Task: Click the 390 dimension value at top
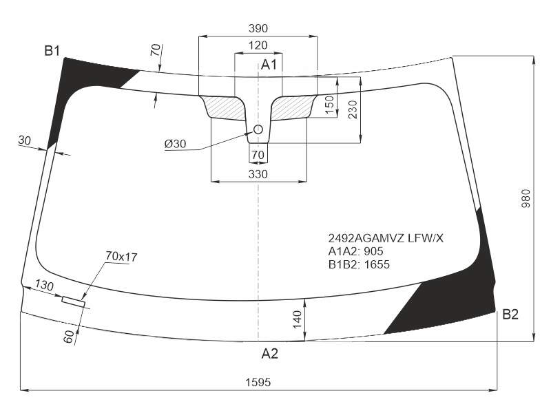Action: [x=258, y=28]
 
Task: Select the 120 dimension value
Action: [x=258, y=45]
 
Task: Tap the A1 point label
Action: [x=269, y=65]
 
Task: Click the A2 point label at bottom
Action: [x=269, y=353]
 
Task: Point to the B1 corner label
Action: [x=52, y=51]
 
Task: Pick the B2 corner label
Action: [x=510, y=315]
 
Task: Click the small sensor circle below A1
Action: [x=258, y=130]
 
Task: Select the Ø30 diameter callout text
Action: [x=175, y=144]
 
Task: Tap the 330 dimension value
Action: [x=258, y=174]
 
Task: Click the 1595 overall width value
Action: [x=258, y=382]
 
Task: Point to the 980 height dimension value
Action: [x=526, y=198]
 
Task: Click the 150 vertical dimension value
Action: [x=329, y=105]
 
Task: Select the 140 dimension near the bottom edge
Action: [x=297, y=319]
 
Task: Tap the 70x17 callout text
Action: [x=121, y=257]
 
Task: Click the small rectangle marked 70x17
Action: [x=74, y=301]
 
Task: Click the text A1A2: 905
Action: [x=355, y=251]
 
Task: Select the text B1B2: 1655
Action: [x=359, y=264]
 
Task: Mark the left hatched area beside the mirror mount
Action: [x=225, y=107]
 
